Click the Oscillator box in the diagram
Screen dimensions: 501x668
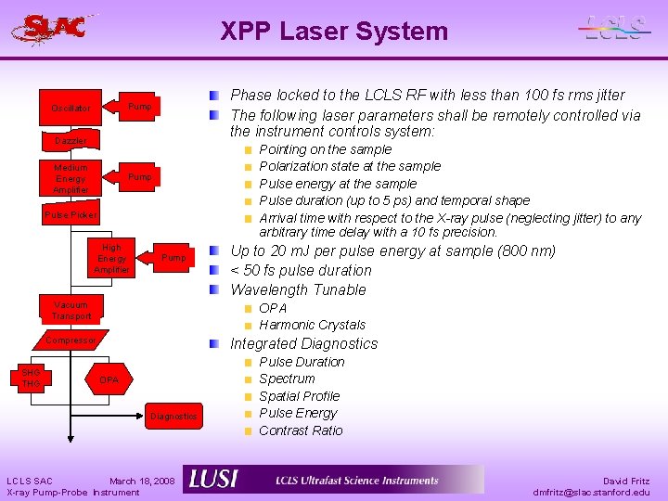click(x=71, y=109)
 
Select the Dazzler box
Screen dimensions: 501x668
click(x=71, y=141)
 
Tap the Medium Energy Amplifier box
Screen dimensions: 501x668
click(x=71, y=178)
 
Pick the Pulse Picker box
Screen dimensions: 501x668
click(x=71, y=215)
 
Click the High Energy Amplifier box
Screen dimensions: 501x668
click(x=111, y=259)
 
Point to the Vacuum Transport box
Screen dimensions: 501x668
click(x=71, y=310)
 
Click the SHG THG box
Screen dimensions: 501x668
click(x=32, y=379)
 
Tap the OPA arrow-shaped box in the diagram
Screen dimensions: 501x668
click(x=108, y=380)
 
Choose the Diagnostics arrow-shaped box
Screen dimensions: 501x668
click(x=173, y=417)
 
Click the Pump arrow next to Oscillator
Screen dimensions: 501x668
click(x=137, y=107)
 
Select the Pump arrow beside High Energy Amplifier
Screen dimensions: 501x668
click(x=172, y=257)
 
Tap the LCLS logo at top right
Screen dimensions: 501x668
click(x=615, y=29)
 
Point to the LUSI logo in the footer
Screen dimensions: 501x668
click(x=213, y=479)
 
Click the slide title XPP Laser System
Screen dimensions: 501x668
click(x=334, y=32)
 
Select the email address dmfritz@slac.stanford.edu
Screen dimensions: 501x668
click(x=592, y=492)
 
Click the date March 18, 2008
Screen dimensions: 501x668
click(x=142, y=481)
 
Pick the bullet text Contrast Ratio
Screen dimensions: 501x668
click(x=301, y=430)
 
